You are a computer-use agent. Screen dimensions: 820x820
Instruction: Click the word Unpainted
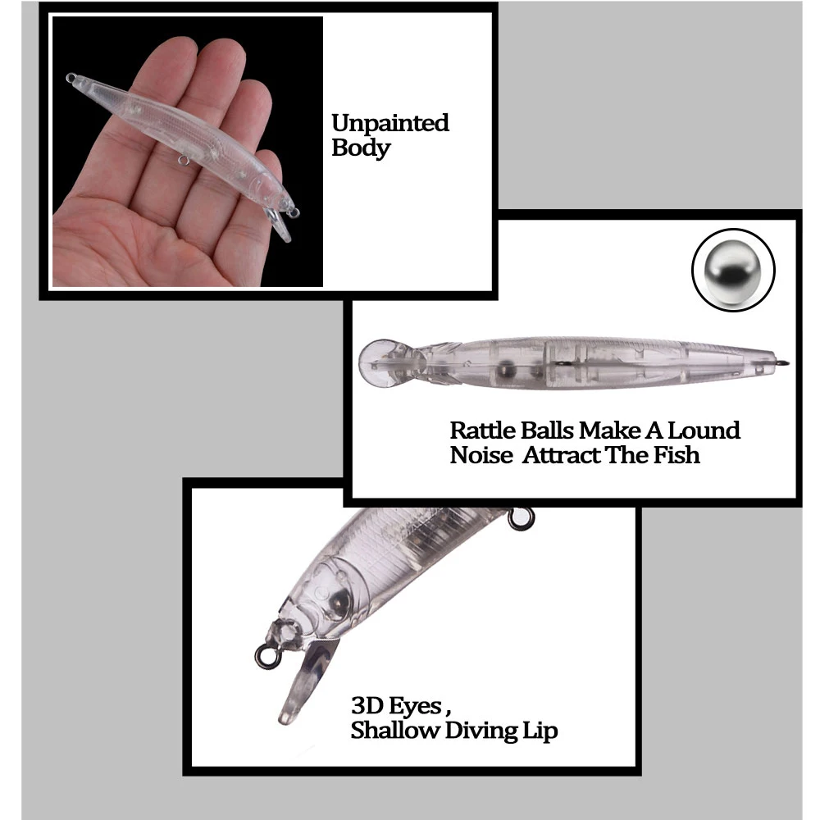pos(390,124)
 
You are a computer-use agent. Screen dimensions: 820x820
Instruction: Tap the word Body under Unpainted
pos(361,148)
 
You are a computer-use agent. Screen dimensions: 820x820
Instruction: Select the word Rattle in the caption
pos(482,430)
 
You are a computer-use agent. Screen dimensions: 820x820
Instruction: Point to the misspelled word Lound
pos(704,430)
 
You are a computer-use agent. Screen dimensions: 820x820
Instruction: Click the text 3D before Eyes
pos(367,705)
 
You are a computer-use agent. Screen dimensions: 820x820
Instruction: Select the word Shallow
pos(395,730)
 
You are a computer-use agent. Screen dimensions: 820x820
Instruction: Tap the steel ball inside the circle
pos(732,270)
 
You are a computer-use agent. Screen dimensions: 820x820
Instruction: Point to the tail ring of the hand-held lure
pos(71,78)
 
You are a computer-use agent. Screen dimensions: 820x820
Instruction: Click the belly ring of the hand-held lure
pos(183,160)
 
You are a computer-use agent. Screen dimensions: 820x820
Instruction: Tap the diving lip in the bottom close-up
pos(305,680)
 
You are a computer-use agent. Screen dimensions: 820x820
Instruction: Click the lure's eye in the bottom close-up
pos(337,601)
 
